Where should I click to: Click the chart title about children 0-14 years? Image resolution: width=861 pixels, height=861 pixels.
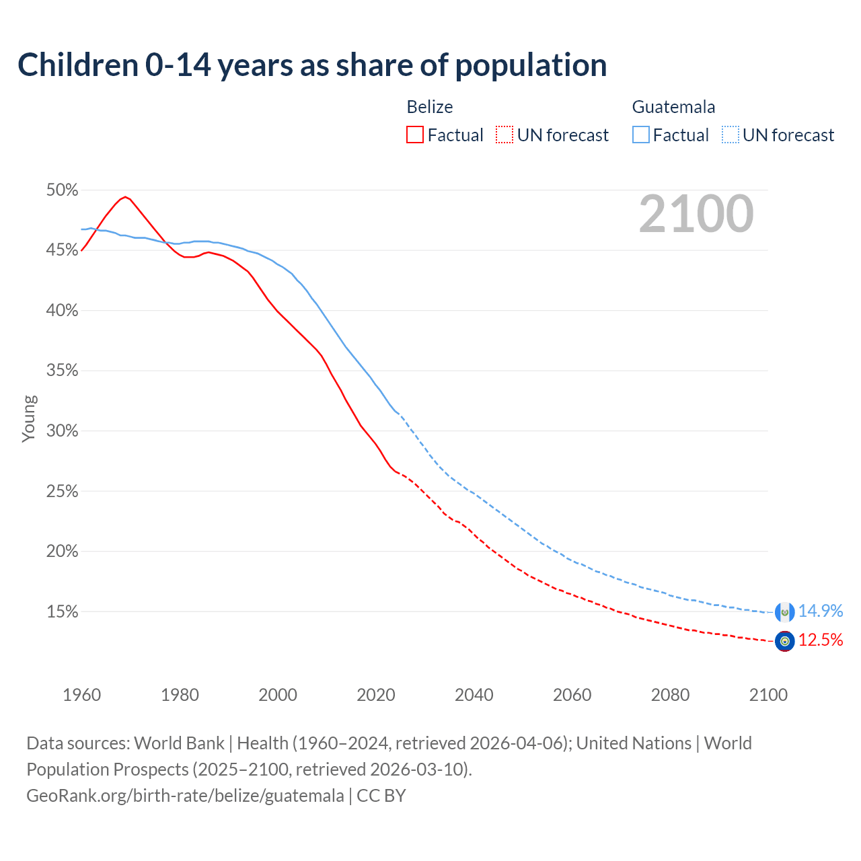[x=312, y=65]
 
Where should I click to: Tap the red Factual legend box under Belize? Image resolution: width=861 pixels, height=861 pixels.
[x=415, y=135]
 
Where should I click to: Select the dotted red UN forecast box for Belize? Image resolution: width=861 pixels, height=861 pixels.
[x=504, y=135]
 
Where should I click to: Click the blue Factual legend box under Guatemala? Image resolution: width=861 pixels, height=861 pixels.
[x=641, y=135]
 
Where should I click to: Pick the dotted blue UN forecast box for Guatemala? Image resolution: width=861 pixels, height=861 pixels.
[x=731, y=135]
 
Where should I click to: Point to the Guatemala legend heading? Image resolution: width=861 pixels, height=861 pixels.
[x=673, y=107]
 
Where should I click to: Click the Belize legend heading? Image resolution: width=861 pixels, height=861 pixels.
[x=430, y=107]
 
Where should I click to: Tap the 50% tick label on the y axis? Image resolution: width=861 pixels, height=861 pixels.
[x=62, y=190]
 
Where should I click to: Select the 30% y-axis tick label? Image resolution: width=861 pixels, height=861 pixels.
[x=62, y=431]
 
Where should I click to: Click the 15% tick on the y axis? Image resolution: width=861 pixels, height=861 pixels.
[x=62, y=612]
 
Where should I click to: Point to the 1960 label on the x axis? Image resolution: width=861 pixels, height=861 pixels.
[x=81, y=695]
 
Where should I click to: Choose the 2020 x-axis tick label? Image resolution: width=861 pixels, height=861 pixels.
[x=376, y=695]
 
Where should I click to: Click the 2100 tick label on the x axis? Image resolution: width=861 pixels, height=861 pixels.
[x=768, y=695]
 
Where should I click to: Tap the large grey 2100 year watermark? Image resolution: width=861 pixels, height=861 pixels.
[x=696, y=214]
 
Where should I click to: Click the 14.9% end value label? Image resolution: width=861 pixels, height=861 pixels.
[x=820, y=611]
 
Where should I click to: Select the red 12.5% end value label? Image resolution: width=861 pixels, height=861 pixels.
[x=820, y=640]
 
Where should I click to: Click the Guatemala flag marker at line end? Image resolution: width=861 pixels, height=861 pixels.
[x=784, y=612]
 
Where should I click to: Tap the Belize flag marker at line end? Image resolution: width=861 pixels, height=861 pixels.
[x=784, y=641]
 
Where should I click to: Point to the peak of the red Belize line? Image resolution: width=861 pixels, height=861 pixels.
[x=125, y=196]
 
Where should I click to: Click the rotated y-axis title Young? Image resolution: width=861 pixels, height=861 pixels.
[x=29, y=418]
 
